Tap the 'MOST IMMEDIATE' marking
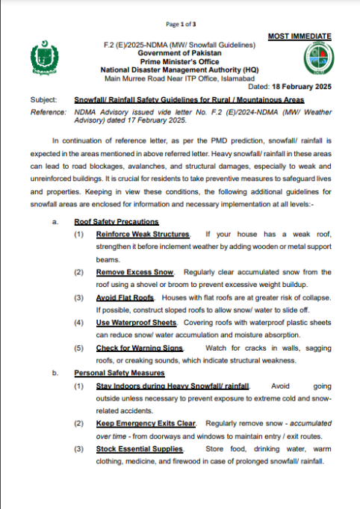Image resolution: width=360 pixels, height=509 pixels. (299, 37)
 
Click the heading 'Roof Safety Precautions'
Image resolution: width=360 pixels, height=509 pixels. (116, 222)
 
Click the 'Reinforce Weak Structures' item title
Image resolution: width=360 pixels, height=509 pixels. (143, 235)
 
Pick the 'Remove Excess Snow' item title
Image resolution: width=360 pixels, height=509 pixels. (134, 273)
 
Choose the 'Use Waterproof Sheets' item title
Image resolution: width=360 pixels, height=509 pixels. (137, 322)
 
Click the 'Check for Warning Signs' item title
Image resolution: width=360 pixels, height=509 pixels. (140, 348)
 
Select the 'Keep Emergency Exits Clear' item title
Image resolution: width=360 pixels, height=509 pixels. (146, 424)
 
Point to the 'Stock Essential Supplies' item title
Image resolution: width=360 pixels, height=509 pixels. (140, 448)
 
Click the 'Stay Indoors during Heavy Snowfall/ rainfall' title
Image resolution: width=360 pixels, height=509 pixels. (172, 386)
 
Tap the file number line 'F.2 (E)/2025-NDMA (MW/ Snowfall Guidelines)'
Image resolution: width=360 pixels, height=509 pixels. (179, 46)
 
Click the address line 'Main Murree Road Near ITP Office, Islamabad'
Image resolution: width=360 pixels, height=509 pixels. (179, 78)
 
